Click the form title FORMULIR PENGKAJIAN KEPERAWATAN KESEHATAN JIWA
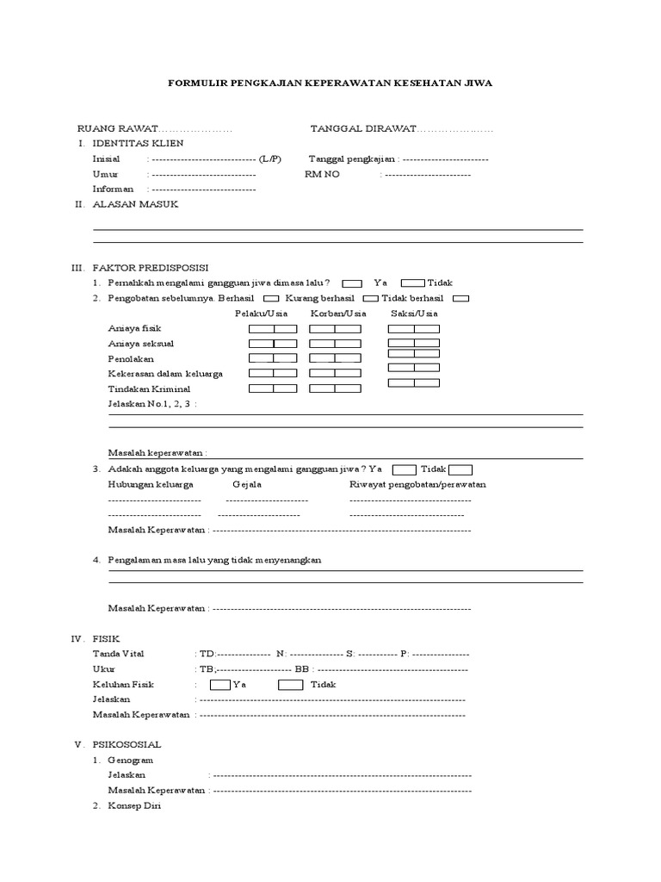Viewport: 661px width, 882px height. click(x=330, y=84)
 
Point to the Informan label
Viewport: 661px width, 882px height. click(x=113, y=189)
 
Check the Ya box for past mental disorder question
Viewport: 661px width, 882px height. click(x=351, y=283)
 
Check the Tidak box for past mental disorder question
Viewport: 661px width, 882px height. click(x=412, y=283)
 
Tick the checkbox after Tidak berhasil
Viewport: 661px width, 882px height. click(x=460, y=298)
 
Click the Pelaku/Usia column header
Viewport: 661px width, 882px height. click(x=261, y=314)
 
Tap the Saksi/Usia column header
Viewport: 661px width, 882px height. click(x=414, y=314)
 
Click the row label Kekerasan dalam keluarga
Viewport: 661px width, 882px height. click(x=165, y=374)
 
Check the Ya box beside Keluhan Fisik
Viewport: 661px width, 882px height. click(x=219, y=685)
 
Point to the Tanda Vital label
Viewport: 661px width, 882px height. click(x=120, y=655)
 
